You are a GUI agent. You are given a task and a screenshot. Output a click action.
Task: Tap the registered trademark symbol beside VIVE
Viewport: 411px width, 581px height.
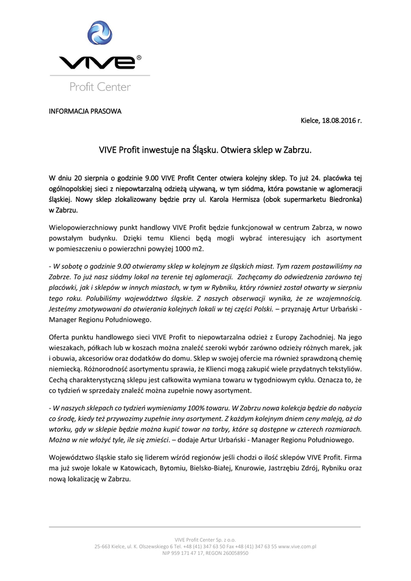point(139,57)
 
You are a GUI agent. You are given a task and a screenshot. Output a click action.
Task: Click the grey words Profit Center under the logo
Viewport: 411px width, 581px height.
point(100,87)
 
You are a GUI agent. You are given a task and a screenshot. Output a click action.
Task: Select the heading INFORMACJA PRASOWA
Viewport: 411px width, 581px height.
point(84,111)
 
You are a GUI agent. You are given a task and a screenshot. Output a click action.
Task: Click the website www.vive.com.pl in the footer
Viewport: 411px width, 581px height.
point(296,546)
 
